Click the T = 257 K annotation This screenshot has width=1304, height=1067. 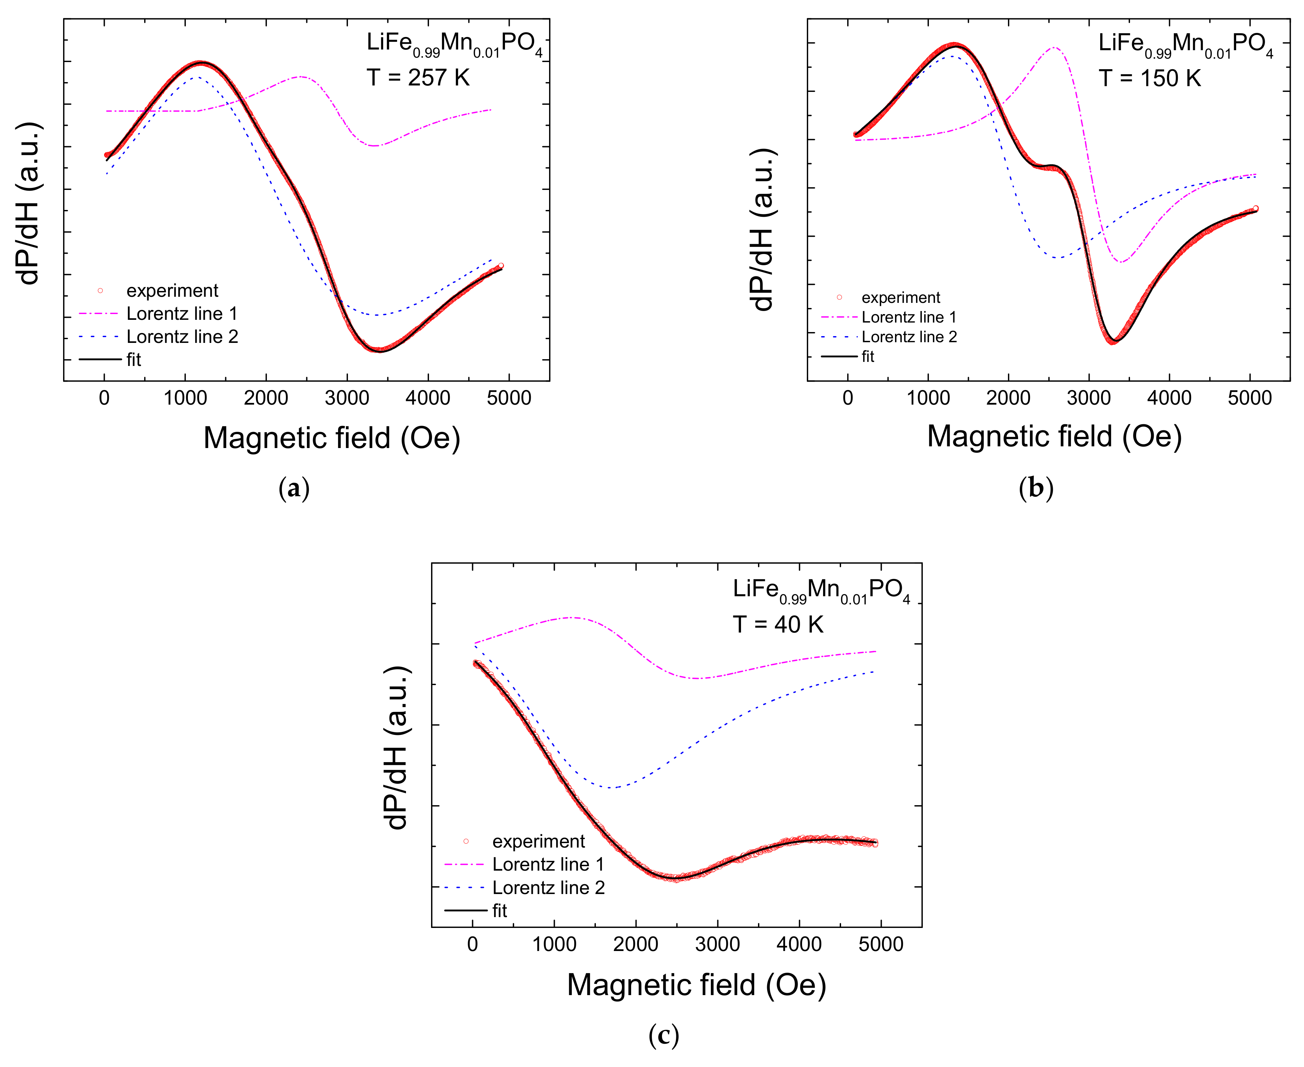coord(418,78)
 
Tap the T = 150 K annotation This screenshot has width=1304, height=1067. coord(1149,78)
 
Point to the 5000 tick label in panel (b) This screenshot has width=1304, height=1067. coord(1249,398)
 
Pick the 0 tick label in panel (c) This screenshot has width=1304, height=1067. coord(472,944)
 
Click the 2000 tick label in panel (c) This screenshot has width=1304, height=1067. coord(636,944)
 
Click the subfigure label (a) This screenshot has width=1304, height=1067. coord(294,489)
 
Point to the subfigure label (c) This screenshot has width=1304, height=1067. coord(664,1036)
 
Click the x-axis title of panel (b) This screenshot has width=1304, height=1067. coord(1054,436)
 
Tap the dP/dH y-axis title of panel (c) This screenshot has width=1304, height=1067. coord(396,747)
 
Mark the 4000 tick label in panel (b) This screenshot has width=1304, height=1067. coord(1169,398)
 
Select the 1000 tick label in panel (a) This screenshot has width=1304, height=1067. coord(185,398)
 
